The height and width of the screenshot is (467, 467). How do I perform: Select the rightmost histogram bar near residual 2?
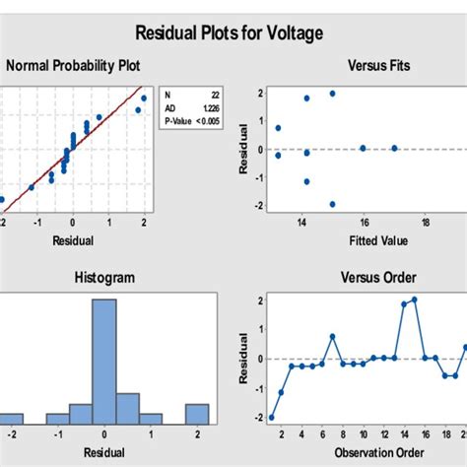pyautogui.click(x=197, y=413)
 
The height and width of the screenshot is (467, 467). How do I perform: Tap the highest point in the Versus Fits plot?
pyautogui.click(x=332, y=94)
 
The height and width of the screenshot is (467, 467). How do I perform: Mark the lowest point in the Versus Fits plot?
pyautogui.click(x=332, y=204)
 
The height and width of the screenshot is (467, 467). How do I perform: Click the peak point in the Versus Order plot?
pyautogui.click(x=414, y=300)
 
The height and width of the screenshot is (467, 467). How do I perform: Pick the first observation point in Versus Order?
pyautogui.click(x=272, y=417)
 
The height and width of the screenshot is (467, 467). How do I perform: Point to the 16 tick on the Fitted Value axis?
pyautogui.click(x=364, y=222)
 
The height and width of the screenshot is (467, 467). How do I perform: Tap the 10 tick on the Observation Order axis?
pyautogui.click(x=364, y=434)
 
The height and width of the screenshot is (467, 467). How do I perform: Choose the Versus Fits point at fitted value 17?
pyautogui.click(x=394, y=148)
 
